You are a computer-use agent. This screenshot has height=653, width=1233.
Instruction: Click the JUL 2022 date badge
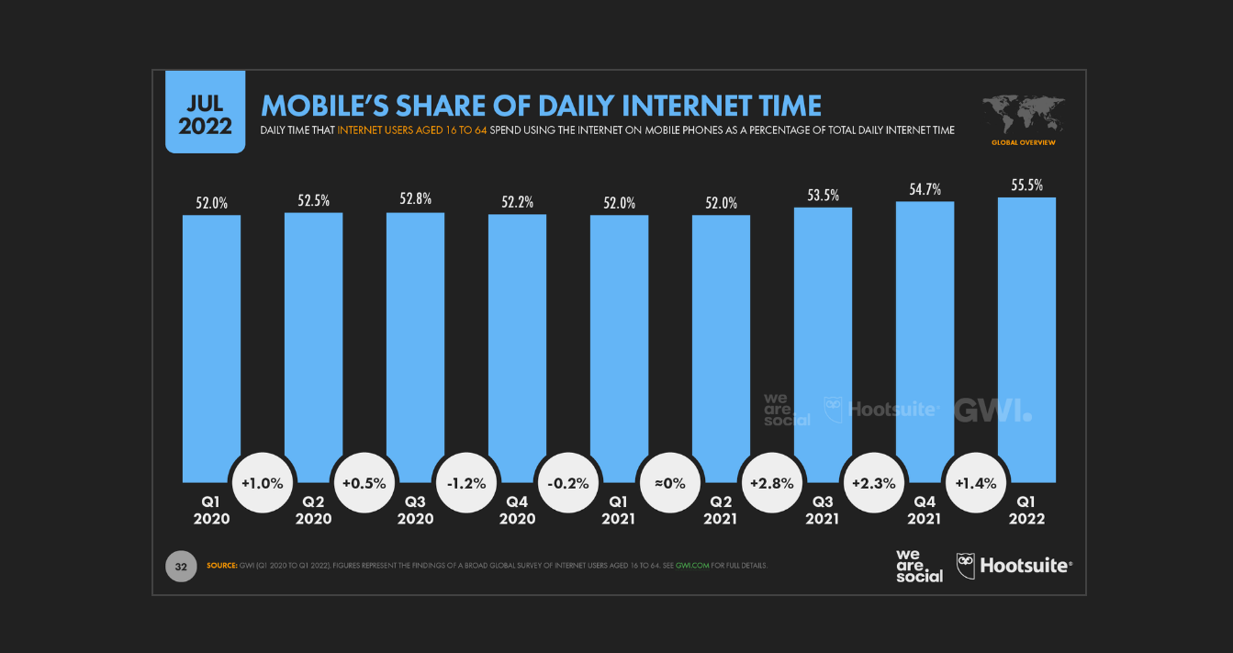205,112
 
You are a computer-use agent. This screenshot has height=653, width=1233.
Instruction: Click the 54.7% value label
925,188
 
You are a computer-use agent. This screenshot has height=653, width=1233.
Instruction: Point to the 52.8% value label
415,198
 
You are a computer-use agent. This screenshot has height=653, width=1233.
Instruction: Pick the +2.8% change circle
772,482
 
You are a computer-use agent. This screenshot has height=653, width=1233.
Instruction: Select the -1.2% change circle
466,482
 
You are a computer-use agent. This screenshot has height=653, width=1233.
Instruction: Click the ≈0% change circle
670,482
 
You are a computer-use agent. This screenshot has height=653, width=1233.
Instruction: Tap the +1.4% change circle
976,482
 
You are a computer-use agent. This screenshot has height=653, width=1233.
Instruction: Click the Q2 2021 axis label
721,510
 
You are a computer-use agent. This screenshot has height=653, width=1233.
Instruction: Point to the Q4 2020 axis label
517,510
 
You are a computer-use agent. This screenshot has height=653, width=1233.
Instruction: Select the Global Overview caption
1023,143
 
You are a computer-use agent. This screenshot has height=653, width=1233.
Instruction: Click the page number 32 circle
181,567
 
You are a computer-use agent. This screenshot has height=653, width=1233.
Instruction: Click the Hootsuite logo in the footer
1014,566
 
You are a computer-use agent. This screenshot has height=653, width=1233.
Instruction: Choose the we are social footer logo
919,566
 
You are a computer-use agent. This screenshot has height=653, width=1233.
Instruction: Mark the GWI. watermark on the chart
992,410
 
